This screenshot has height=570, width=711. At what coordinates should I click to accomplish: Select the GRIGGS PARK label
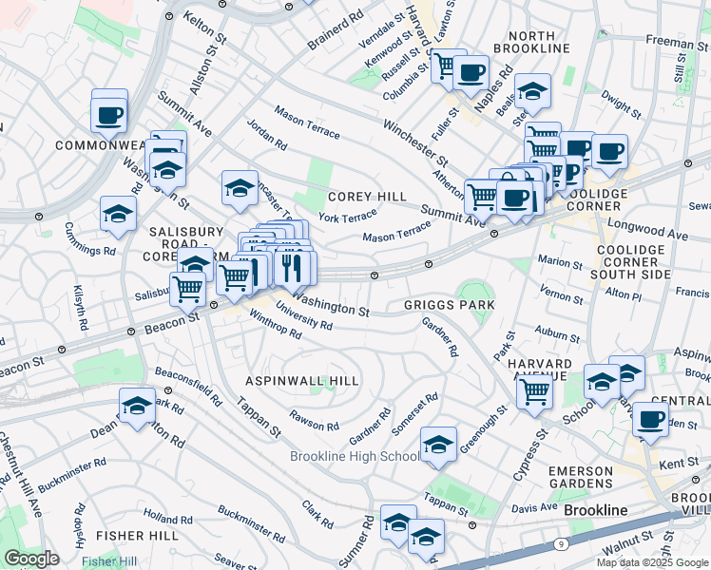[449, 305]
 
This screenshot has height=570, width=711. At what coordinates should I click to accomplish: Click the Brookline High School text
[354, 457]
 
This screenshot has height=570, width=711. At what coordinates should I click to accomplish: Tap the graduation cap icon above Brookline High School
[438, 445]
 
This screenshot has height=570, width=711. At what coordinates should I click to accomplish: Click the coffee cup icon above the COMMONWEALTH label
[108, 115]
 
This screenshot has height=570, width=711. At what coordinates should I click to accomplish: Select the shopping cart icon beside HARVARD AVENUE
[535, 389]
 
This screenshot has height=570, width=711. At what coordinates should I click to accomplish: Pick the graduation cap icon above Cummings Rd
[118, 215]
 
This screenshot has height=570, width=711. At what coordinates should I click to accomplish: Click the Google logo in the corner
[31, 559]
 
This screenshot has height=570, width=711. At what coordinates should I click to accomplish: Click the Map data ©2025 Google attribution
[652, 562]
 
